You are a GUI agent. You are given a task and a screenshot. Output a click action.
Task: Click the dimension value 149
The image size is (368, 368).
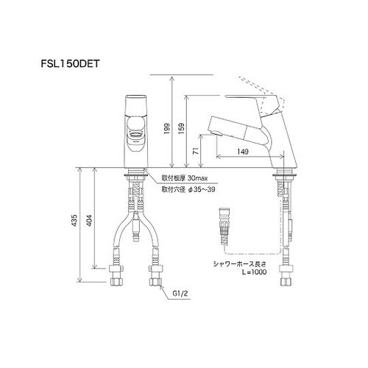tap(243, 153)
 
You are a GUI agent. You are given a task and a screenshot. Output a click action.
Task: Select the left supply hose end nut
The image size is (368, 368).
tap(116, 282)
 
